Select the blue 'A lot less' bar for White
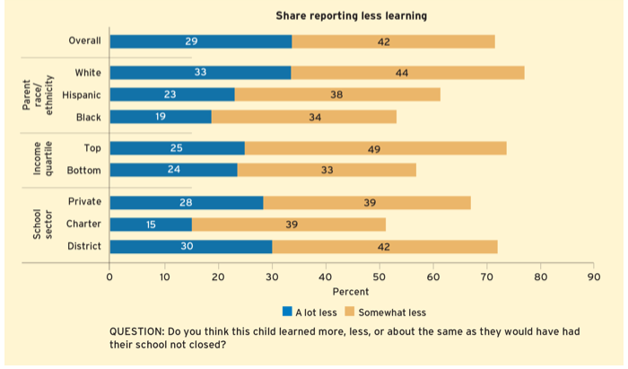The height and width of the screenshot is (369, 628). [x=200, y=73]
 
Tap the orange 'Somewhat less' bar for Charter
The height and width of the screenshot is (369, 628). [x=289, y=224]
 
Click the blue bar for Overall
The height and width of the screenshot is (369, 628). [x=200, y=41]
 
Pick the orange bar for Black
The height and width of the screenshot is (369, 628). [x=303, y=117]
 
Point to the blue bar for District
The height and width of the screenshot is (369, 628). [x=190, y=247]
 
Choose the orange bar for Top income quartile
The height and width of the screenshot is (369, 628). [x=375, y=148]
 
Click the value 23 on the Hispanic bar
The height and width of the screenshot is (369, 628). [x=170, y=94]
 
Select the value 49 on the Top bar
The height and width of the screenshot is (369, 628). [x=373, y=148]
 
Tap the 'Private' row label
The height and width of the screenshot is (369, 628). [x=84, y=202]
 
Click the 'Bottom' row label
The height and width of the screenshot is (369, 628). [x=83, y=170]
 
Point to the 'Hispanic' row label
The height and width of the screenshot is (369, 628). [x=82, y=94]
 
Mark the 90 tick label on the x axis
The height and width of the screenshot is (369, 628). [x=593, y=277]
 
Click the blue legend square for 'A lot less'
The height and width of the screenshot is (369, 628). [x=287, y=312]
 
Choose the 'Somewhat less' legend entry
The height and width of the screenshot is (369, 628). [x=391, y=312]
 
